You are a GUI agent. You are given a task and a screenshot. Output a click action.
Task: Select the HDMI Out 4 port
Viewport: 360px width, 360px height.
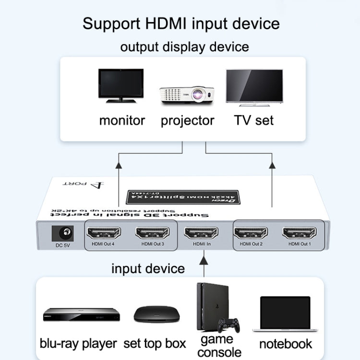point(102,234)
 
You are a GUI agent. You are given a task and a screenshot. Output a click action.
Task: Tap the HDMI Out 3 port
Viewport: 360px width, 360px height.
point(152,234)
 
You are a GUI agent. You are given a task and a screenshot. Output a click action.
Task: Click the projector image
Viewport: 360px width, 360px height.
point(186,95)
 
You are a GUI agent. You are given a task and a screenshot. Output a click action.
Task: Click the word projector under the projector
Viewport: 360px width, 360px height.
point(188,120)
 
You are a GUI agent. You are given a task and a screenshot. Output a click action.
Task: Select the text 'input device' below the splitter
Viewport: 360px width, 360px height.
point(148,268)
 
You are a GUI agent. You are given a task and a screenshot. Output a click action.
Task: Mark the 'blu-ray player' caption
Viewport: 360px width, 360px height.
point(78,343)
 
